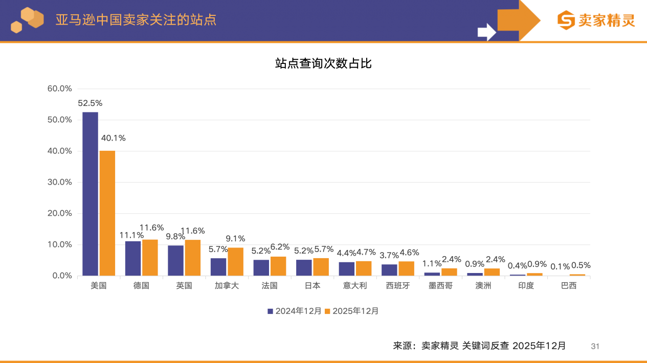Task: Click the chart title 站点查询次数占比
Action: click(x=323, y=63)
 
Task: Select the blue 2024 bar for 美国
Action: click(x=90, y=194)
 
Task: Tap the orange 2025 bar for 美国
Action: click(x=107, y=213)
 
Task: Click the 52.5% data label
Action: click(x=90, y=103)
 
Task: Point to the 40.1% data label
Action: click(x=113, y=138)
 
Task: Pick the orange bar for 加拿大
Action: click(x=235, y=262)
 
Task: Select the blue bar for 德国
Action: click(x=133, y=258)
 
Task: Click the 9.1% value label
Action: click(x=235, y=239)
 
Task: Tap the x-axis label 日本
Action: click(x=312, y=286)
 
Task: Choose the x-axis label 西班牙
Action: click(x=398, y=286)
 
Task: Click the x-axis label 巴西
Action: click(x=569, y=286)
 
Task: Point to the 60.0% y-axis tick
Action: click(x=60, y=88)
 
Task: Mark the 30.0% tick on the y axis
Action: click(x=60, y=182)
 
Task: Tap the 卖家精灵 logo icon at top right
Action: click(x=566, y=20)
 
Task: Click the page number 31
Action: click(x=595, y=346)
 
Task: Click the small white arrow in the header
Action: click(x=486, y=32)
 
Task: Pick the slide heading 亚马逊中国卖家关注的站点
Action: click(x=136, y=19)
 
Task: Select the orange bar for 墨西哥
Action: click(x=449, y=272)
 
